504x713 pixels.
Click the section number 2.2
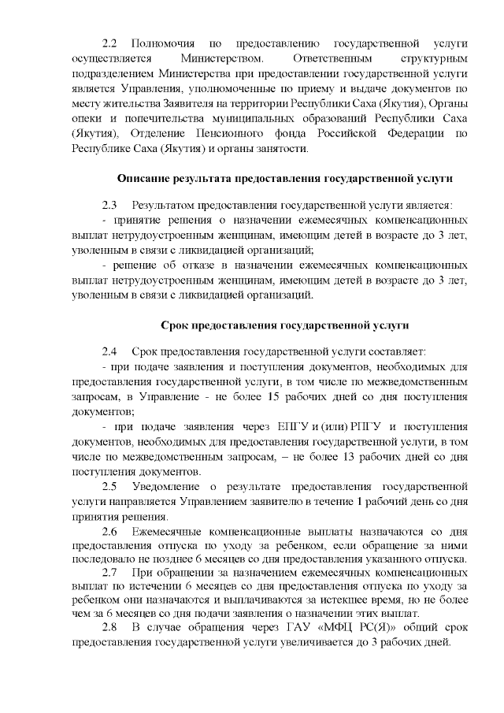[109, 41]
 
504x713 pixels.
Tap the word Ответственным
[325, 58]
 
